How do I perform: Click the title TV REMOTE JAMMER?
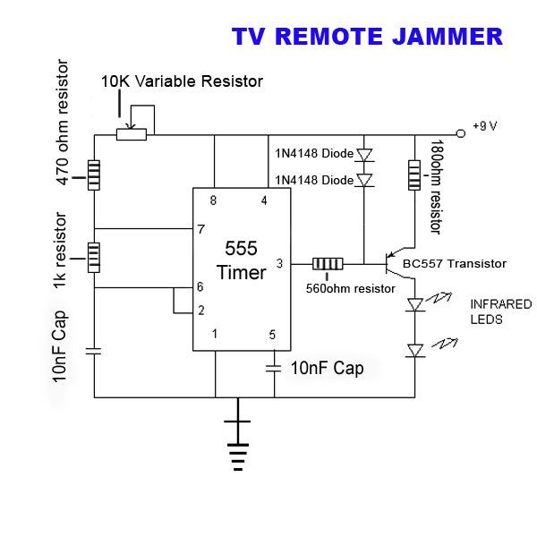367,37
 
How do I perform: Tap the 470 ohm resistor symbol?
94,171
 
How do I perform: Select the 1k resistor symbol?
94,257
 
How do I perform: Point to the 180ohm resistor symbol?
414,175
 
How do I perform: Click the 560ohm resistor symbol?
328,264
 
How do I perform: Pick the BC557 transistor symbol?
394,263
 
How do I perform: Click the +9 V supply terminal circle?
461,133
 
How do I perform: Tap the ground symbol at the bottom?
237,443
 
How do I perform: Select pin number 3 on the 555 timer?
279,263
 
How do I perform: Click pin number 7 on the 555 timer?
200,229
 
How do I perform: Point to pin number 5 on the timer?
273,335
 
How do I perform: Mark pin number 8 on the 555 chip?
213,199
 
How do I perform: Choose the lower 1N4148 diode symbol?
364,181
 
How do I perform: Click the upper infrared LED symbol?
414,305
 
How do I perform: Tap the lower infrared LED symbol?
414,351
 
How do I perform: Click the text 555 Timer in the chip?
241,260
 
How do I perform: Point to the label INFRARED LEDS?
500,311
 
